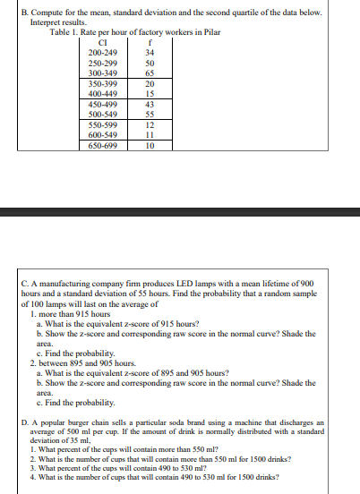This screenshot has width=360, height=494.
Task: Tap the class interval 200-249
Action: point(106,53)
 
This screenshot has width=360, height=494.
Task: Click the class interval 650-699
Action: point(106,145)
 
